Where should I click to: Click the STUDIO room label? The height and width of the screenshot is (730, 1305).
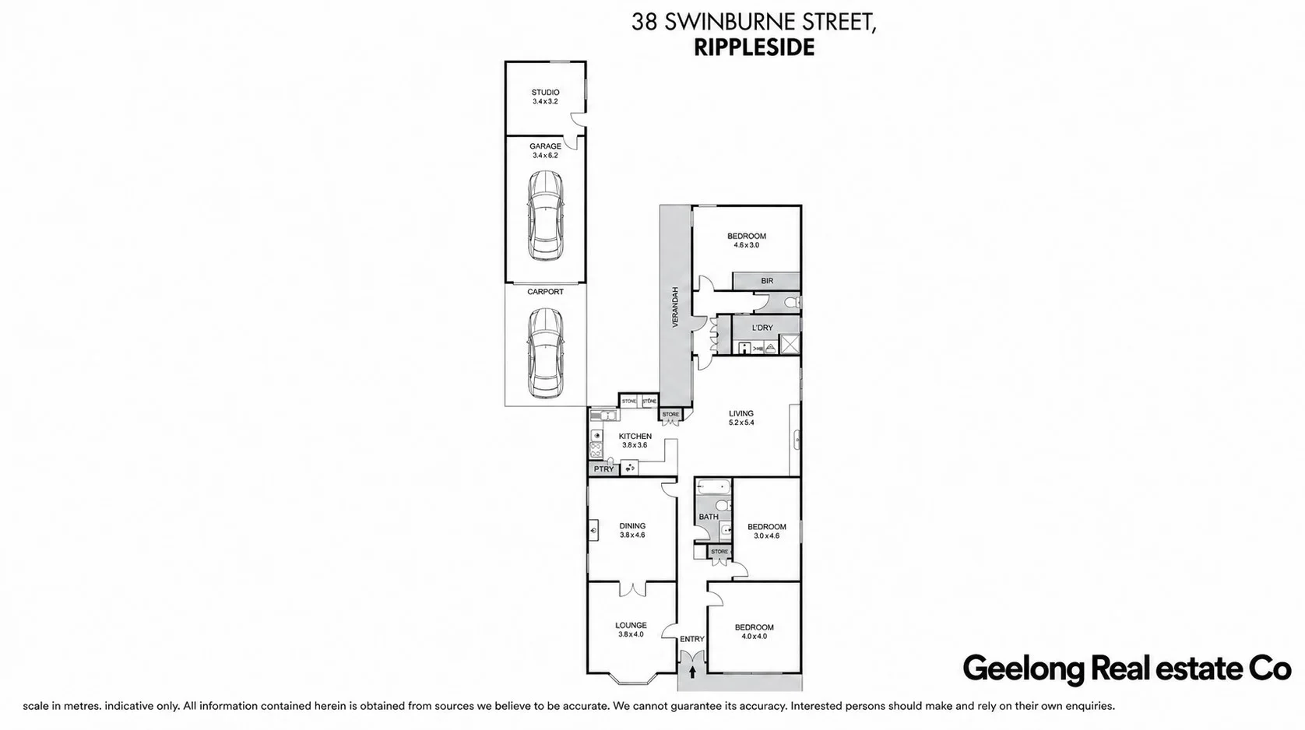[x=545, y=92]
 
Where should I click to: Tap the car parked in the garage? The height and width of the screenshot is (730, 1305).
[x=545, y=216]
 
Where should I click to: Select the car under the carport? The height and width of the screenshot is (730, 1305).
[x=545, y=353]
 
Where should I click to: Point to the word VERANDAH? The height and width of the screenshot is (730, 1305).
[x=675, y=307]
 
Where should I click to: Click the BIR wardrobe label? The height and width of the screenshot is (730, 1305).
[x=767, y=281]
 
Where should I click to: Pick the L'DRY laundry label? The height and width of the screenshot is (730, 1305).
[x=762, y=328]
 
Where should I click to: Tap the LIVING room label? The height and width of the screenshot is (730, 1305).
[x=741, y=413]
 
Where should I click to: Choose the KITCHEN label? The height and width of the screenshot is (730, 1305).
[x=635, y=436]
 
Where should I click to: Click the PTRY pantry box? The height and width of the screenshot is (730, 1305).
[x=603, y=469]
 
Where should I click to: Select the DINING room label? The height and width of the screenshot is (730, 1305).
[x=632, y=525]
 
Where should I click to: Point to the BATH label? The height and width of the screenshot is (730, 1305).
[x=709, y=516]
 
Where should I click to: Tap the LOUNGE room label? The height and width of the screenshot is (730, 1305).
[x=631, y=625]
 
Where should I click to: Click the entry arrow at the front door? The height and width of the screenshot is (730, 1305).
[x=692, y=672]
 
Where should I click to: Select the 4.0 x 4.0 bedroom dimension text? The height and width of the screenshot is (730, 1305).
[x=754, y=637]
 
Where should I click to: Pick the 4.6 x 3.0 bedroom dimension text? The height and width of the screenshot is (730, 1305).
[x=746, y=245]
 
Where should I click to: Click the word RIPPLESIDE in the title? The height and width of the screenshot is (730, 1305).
[x=754, y=47]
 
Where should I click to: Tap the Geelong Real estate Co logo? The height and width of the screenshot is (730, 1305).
[x=1127, y=669]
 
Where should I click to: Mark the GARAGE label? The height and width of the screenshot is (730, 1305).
[x=545, y=146]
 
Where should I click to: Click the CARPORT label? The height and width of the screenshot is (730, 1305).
[x=545, y=292]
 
